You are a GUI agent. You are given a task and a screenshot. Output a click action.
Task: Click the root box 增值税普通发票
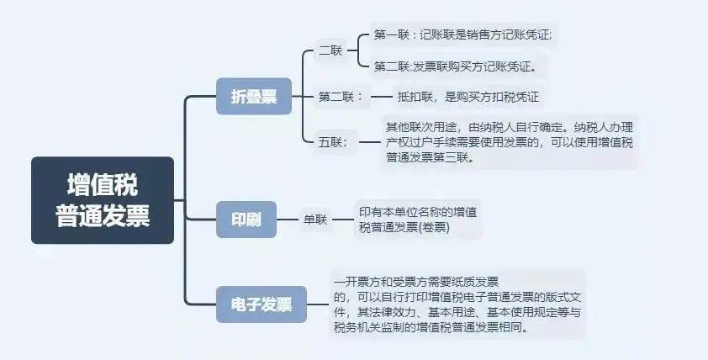[103, 200]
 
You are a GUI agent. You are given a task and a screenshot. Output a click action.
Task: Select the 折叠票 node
[254, 96]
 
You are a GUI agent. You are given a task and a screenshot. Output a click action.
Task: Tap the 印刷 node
[246, 220]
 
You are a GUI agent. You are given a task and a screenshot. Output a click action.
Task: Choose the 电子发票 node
[262, 304]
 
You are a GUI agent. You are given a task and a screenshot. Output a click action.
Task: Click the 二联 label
[330, 50]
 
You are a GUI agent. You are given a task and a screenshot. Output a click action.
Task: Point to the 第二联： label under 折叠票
[341, 97]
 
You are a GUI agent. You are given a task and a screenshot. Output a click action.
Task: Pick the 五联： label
[333, 142]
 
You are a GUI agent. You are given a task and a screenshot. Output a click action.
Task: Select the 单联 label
[315, 220]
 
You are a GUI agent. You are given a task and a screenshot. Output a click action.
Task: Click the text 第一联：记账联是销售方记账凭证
[462, 34]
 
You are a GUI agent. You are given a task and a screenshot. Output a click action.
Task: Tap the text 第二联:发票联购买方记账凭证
[455, 66]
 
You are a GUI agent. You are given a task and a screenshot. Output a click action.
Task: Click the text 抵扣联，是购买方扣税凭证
[468, 97]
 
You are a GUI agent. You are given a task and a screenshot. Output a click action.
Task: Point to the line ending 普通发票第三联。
[431, 157]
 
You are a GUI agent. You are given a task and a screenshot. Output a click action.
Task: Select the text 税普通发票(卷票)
[404, 228]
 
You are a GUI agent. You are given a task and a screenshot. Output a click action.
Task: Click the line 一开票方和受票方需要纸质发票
[416, 283]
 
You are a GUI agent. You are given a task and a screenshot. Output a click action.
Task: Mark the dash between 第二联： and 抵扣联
[382, 96]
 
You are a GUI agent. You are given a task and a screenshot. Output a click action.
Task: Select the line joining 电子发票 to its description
[318, 304]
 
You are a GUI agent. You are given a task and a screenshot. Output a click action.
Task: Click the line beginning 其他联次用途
[510, 127]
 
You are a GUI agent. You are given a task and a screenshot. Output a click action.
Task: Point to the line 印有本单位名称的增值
[418, 212]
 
